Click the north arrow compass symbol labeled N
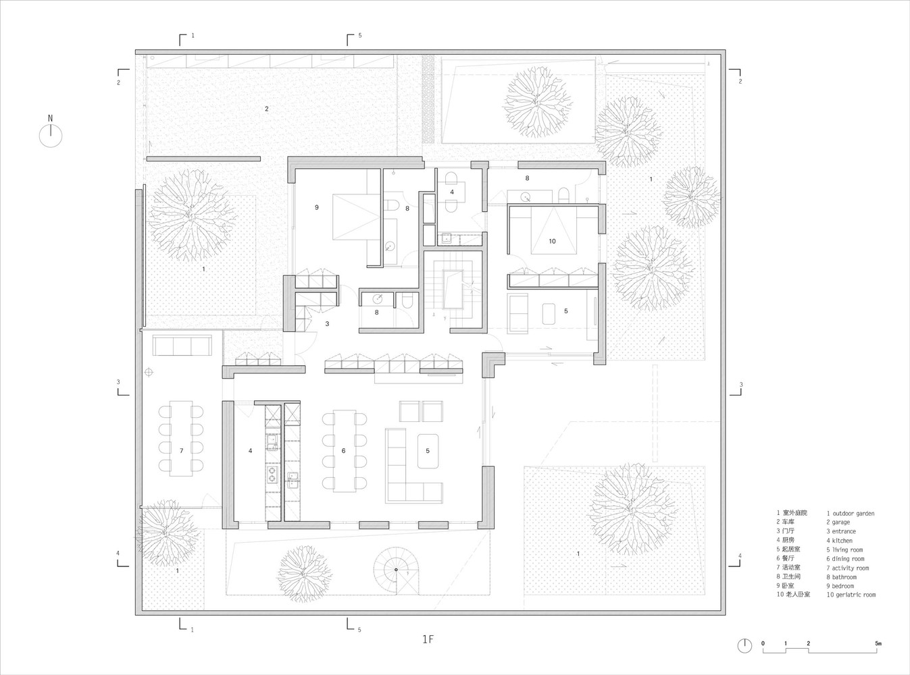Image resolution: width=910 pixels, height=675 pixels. coord(51,132)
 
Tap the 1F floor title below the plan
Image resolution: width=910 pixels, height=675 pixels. coord(428,639)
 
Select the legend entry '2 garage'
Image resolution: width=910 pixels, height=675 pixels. coord(838,522)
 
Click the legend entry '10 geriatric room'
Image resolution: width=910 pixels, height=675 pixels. coord(851,595)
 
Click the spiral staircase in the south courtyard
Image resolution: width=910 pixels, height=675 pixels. coord(397,570)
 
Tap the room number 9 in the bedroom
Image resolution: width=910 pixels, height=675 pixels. coord(317,207)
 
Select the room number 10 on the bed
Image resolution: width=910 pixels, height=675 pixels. coord(552,241)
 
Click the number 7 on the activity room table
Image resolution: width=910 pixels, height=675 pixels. coord(181,451)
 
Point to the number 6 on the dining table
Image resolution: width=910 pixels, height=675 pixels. coord(343,451)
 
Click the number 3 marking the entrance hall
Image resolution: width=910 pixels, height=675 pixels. coord(327,323)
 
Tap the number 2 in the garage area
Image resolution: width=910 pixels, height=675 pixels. coord(267,109)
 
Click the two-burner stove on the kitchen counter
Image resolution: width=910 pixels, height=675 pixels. coord(272,474)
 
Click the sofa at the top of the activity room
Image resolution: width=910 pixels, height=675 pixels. coord(182,346)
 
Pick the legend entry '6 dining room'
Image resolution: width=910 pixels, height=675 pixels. coord(845,558)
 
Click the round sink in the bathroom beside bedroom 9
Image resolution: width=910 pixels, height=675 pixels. coord(390,246)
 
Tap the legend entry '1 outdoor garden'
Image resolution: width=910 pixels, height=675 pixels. coord(850,513)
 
